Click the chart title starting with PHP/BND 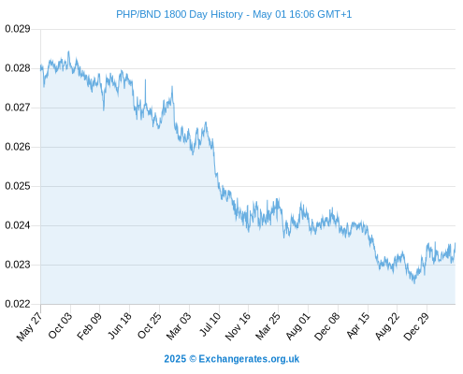tap(234, 14)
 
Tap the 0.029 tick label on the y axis tap(18, 29)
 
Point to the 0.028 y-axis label tap(18, 68)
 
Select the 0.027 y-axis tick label tap(18, 108)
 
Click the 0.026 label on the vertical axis tap(18, 147)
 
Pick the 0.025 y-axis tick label tap(18, 186)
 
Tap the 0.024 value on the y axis tap(18, 225)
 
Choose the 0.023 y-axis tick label tap(18, 265)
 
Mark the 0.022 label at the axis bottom tap(18, 304)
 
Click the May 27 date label tap(29, 326)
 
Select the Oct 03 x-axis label tap(60, 325)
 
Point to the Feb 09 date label tap(89, 325)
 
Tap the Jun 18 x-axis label tap(120, 325)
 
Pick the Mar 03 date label tap(179, 326)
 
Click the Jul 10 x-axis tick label tap(210, 324)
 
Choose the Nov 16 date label tap(238, 326)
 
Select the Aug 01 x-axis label tap(298, 326)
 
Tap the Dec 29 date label tap(416, 326)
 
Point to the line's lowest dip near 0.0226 tap(414, 283)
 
